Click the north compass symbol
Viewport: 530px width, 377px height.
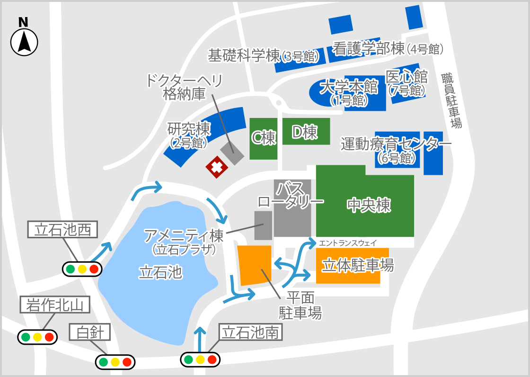pyautogui.click(x=24, y=42)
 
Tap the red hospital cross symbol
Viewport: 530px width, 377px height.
pyautogui.click(x=217, y=167)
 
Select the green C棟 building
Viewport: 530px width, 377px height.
pyautogui.click(x=263, y=138)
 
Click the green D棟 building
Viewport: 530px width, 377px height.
pyautogui.click(x=306, y=132)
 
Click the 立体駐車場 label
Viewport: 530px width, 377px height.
pyautogui.click(x=357, y=265)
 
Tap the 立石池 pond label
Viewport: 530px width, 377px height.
pyautogui.click(x=160, y=272)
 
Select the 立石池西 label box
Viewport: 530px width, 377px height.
pyautogui.click(x=62, y=230)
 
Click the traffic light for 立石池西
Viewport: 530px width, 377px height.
pyautogui.click(x=82, y=269)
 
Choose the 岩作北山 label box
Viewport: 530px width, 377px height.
pyautogui.click(x=55, y=305)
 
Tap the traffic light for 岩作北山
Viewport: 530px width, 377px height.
pyautogui.click(x=37, y=337)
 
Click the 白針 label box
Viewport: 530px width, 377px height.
pyautogui.click(x=90, y=332)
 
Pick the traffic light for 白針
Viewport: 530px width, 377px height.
pyautogui.click(x=115, y=362)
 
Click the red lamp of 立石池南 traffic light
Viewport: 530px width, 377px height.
pyautogui.click(x=212, y=359)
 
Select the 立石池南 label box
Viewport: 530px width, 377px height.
pyautogui.click(x=251, y=332)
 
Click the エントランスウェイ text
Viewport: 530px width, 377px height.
pyautogui.click(x=348, y=243)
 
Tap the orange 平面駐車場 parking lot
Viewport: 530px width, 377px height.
pyautogui.click(x=255, y=265)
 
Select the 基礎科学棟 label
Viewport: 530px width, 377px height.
pyautogui.click(x=263, y=56)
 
